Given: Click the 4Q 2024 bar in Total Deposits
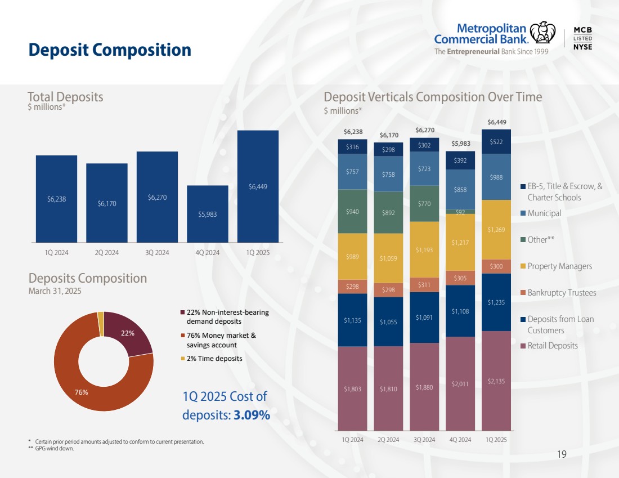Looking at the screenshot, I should coord(207,214).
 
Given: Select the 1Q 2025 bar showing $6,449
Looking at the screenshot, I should coord(258,186).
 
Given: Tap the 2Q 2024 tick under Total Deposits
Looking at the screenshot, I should coord(107,253).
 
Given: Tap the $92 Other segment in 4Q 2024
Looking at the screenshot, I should coord(460,212).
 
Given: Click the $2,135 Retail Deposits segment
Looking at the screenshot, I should coord(496,381).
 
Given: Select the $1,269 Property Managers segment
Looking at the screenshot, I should coord(496,230).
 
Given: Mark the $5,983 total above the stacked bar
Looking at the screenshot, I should coord(460,144).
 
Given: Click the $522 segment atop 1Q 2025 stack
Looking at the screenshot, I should coord(496,141).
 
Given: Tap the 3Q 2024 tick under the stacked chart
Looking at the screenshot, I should coord(424,439).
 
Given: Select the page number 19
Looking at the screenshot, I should coord(561,454).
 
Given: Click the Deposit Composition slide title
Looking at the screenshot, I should coord(110,50).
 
